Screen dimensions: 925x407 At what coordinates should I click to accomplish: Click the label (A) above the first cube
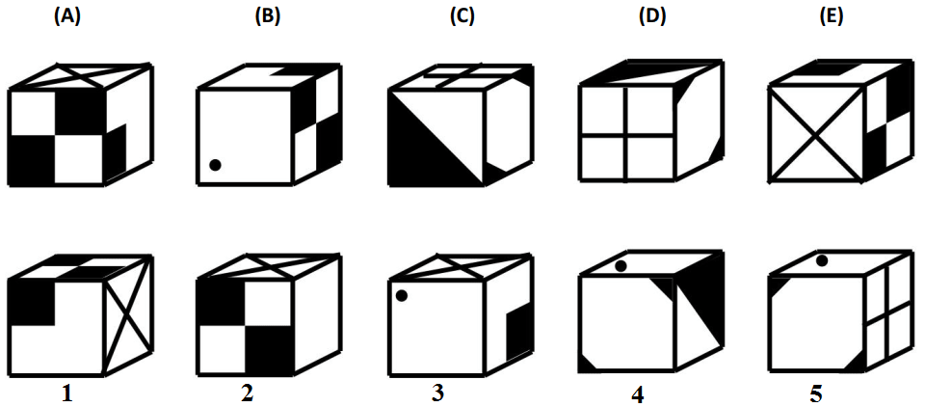tap(66, 17)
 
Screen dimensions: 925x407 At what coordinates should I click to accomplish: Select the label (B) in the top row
tap(267, 17)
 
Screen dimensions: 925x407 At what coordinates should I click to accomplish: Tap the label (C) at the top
tap(462, 17)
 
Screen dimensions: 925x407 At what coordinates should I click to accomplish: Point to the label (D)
tap(653, 17)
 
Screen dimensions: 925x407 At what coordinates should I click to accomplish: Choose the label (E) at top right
tap(832, 17)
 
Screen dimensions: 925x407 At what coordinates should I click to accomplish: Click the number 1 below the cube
tap(67, 393)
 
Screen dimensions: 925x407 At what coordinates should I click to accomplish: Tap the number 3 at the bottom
tap(437, 393)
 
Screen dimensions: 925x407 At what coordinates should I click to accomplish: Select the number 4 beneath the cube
tap(637, 394)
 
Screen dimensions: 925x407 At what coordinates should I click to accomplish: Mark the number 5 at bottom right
tap(816, 394)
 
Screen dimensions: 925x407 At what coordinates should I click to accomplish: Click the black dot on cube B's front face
tap(215, 165)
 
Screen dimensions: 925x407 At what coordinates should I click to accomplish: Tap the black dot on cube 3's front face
tap(402, 296)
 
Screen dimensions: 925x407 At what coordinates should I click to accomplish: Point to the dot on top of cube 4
tap(620, 266)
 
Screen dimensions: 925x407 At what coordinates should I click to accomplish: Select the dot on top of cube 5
tap(822, 259)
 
